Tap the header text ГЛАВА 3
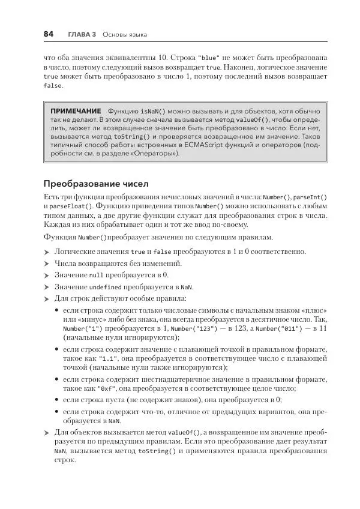tap(82, 35)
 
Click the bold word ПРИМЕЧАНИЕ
tap(76, 112)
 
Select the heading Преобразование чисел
tap(95, 184)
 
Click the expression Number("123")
tap(192, 329)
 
